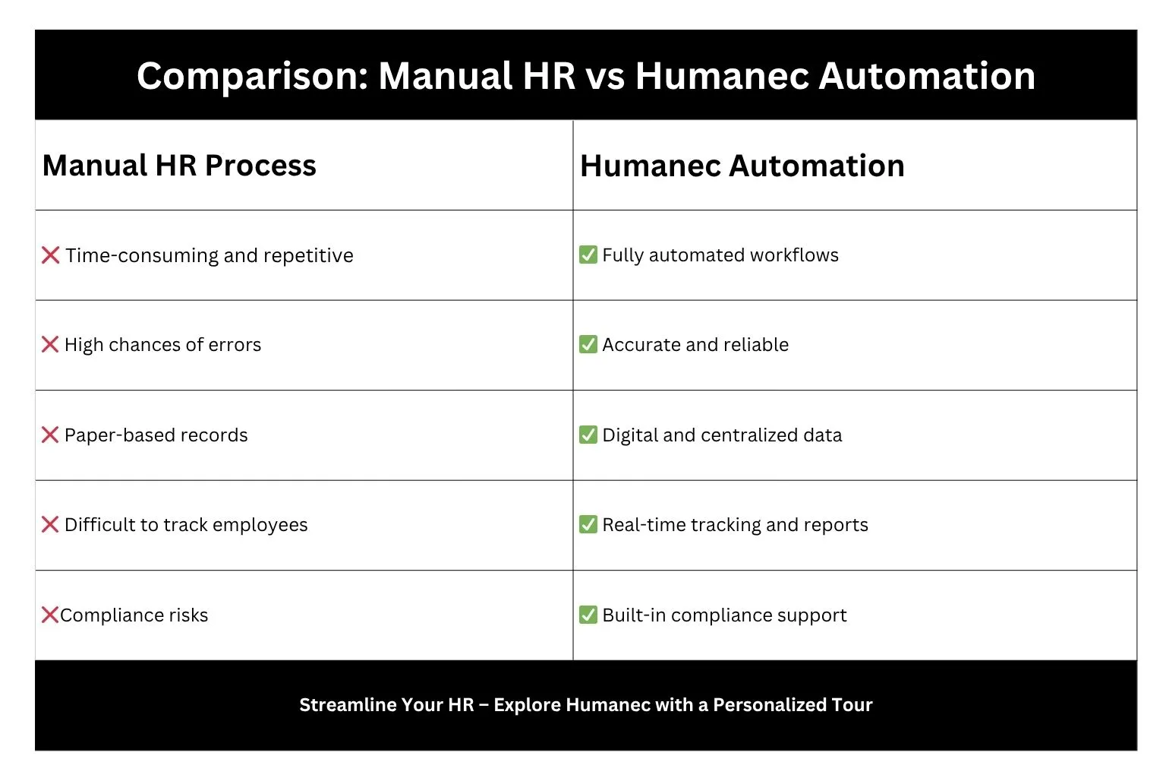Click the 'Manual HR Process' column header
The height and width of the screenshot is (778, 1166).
click(x=179, y=166)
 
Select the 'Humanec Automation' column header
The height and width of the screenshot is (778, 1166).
click(x=742, y=166)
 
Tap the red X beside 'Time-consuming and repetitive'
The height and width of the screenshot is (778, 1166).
click(x=51, y=255)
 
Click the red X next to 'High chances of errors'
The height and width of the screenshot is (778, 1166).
click(x=50, y=345)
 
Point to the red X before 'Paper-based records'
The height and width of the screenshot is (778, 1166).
click(x=50, y=435)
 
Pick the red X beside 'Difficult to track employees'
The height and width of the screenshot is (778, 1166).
click(x=50, y=525)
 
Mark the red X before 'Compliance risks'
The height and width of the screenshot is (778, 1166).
click(x=50, y=615)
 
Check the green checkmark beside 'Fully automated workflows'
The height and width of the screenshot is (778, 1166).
click(x=588, y=255)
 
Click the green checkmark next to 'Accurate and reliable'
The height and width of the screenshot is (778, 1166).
click(x=588, y=345)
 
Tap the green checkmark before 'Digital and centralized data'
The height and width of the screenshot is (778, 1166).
click(x=588, y=435)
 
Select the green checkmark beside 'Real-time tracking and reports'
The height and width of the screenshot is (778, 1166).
click(x=588, y=525)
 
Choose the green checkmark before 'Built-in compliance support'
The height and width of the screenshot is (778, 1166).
click(x=588, y=615)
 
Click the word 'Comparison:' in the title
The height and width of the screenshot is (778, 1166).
click(x=252, y=77)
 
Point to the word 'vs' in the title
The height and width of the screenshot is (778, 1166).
click(x=605, y=77)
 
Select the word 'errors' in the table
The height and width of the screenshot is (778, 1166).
click(x=235, y=345)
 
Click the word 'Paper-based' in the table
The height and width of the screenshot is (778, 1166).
click(x=110, y=435)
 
